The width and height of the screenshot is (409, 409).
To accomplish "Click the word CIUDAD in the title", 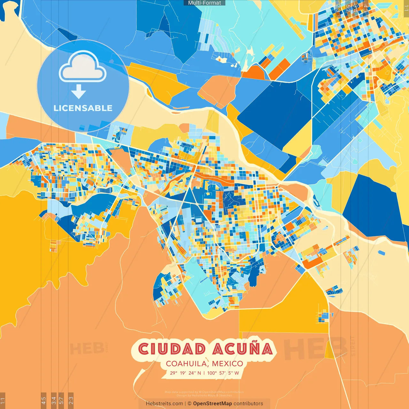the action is (x=172, y=349).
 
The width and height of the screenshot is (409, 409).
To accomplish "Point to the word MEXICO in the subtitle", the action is (x=227, y=364).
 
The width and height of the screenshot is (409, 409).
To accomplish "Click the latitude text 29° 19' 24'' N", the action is (x=185, y=373).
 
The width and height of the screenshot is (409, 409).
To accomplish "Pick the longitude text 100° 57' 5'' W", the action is (x=223, y=373).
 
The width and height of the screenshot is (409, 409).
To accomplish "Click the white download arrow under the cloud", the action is (x=79, y=92).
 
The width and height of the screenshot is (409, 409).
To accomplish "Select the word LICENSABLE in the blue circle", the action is (x=83, y=108).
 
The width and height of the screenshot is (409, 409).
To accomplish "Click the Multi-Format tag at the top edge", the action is (x=204, y=3).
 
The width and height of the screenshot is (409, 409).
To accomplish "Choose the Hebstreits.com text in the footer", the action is (x=164, y=404).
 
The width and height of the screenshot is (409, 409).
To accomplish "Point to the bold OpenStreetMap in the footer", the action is (x=212, y=404).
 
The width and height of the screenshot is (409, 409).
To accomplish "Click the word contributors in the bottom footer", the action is (x=248, y=404).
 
